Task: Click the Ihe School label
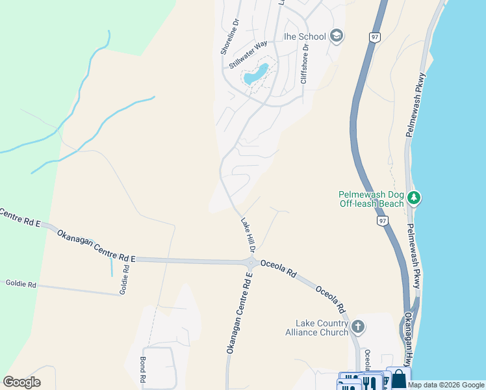click(x=304, y=36)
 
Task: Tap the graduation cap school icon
click(x=337, y=35)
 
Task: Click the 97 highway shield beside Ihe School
click(x=374, y=37)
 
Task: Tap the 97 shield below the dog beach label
click(x=383, y=222)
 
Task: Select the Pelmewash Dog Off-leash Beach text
click(x=371, y=199)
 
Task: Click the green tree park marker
click(x=414, y=197)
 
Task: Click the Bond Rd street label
click(x=143, y=369)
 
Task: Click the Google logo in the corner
click(x=21, y=382)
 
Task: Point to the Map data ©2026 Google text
click(x=446, y=385)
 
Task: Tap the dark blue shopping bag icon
click(x=398, y=378)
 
